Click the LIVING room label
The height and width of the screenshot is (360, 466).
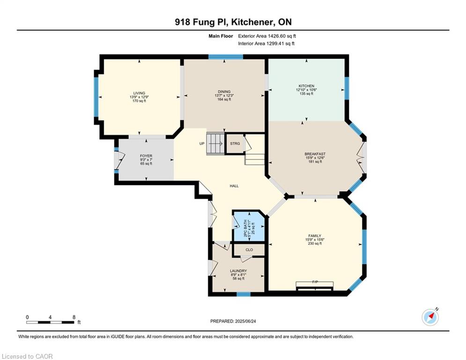coord(139,93)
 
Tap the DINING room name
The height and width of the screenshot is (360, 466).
coord(224,91)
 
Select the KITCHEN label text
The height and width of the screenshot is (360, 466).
coord(306,86)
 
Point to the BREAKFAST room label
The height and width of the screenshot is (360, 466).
coord(315,154)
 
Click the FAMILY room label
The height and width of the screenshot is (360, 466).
coord(315,236)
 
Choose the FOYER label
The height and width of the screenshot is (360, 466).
coord(146,156)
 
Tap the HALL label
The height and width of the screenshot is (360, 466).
coord(234,186)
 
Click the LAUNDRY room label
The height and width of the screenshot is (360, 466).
coord(238,271)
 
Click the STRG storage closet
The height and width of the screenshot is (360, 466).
coord(235,144)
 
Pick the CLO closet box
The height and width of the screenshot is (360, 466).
coord(249,250)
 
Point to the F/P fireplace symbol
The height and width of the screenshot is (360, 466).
coord(315,285)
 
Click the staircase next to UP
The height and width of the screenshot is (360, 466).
coord(215,144)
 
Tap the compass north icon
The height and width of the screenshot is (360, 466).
coord(430,317)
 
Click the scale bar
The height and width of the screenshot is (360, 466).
coord(50,322)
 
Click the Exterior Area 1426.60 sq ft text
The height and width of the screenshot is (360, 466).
coord(267,36)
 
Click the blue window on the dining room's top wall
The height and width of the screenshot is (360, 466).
coord(226,57)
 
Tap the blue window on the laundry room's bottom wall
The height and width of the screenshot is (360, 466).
coord(244,294)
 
